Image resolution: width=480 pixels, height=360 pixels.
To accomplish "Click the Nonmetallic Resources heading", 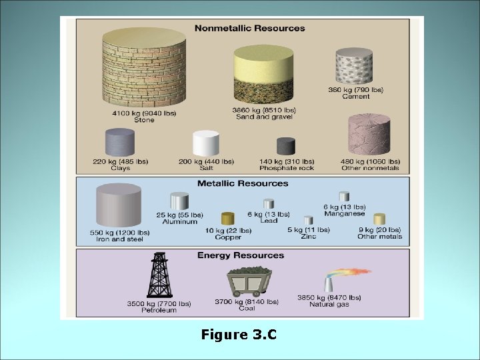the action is [x=249, y=28].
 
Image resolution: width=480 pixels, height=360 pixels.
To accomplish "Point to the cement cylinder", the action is [x=354, y=67].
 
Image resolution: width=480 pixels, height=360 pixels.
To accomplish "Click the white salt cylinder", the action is [x=206, y=143].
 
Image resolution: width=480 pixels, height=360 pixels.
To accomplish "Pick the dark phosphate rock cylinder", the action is [x=286, y=146].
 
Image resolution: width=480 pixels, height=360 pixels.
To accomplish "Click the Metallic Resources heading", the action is [x=243, y=183].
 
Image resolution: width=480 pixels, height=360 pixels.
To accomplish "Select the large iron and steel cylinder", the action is [x=119, y=205].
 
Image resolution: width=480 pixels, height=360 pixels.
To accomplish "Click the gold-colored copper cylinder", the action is [x=228, y=219].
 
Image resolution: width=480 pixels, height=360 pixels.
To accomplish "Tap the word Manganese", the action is [x=345, y=214].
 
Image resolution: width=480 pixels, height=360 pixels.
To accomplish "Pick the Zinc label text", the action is [x=308, y=237].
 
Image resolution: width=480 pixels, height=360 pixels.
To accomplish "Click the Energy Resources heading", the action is [x=241, y=255].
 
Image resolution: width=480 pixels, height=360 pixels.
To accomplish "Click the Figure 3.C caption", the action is [x=239, y=335].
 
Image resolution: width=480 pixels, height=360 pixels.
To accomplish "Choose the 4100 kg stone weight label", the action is [x=144, y=113].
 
